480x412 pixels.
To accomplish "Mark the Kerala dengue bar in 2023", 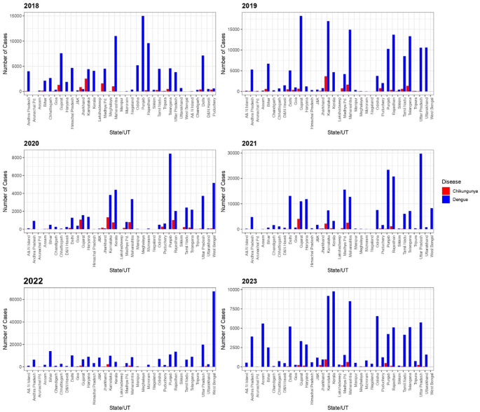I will coord(333,329).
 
